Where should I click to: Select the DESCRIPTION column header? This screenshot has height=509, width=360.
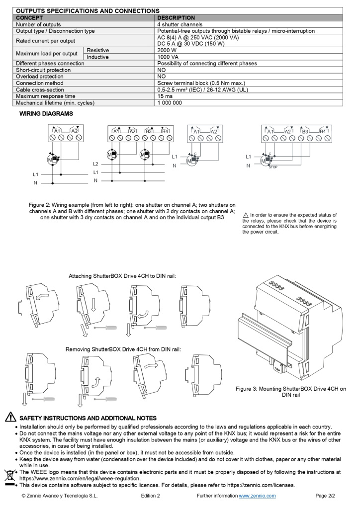[x=176, y=17]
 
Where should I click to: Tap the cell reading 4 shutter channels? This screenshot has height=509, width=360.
[x=180, y=24]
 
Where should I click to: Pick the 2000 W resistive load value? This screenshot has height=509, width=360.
[x=167, y=51]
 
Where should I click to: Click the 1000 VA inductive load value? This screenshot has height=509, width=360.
[x=168, y=57]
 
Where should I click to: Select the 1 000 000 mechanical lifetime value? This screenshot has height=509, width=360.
[x=170, y=103]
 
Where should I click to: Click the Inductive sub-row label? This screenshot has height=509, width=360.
[x=98, y=57]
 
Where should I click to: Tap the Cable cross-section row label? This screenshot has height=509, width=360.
[x=41, y=89]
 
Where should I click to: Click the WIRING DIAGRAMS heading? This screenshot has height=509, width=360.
[x=46, y=114]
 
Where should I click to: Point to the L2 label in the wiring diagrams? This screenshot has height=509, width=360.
[x=96, y=164]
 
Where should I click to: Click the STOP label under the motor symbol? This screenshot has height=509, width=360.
[x=272, y=167]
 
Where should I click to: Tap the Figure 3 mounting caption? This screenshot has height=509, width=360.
[x=290, y=392]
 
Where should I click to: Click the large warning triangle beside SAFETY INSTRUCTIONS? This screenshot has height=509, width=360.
[x=10, y=418]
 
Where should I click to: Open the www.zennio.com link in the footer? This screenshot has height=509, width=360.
[x=257, y=496]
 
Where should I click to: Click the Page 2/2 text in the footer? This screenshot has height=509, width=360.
[x=326, y=496]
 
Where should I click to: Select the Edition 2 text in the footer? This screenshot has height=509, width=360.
[x=150, y=496]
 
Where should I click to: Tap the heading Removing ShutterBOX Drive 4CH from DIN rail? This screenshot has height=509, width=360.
[x=123, y=349]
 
